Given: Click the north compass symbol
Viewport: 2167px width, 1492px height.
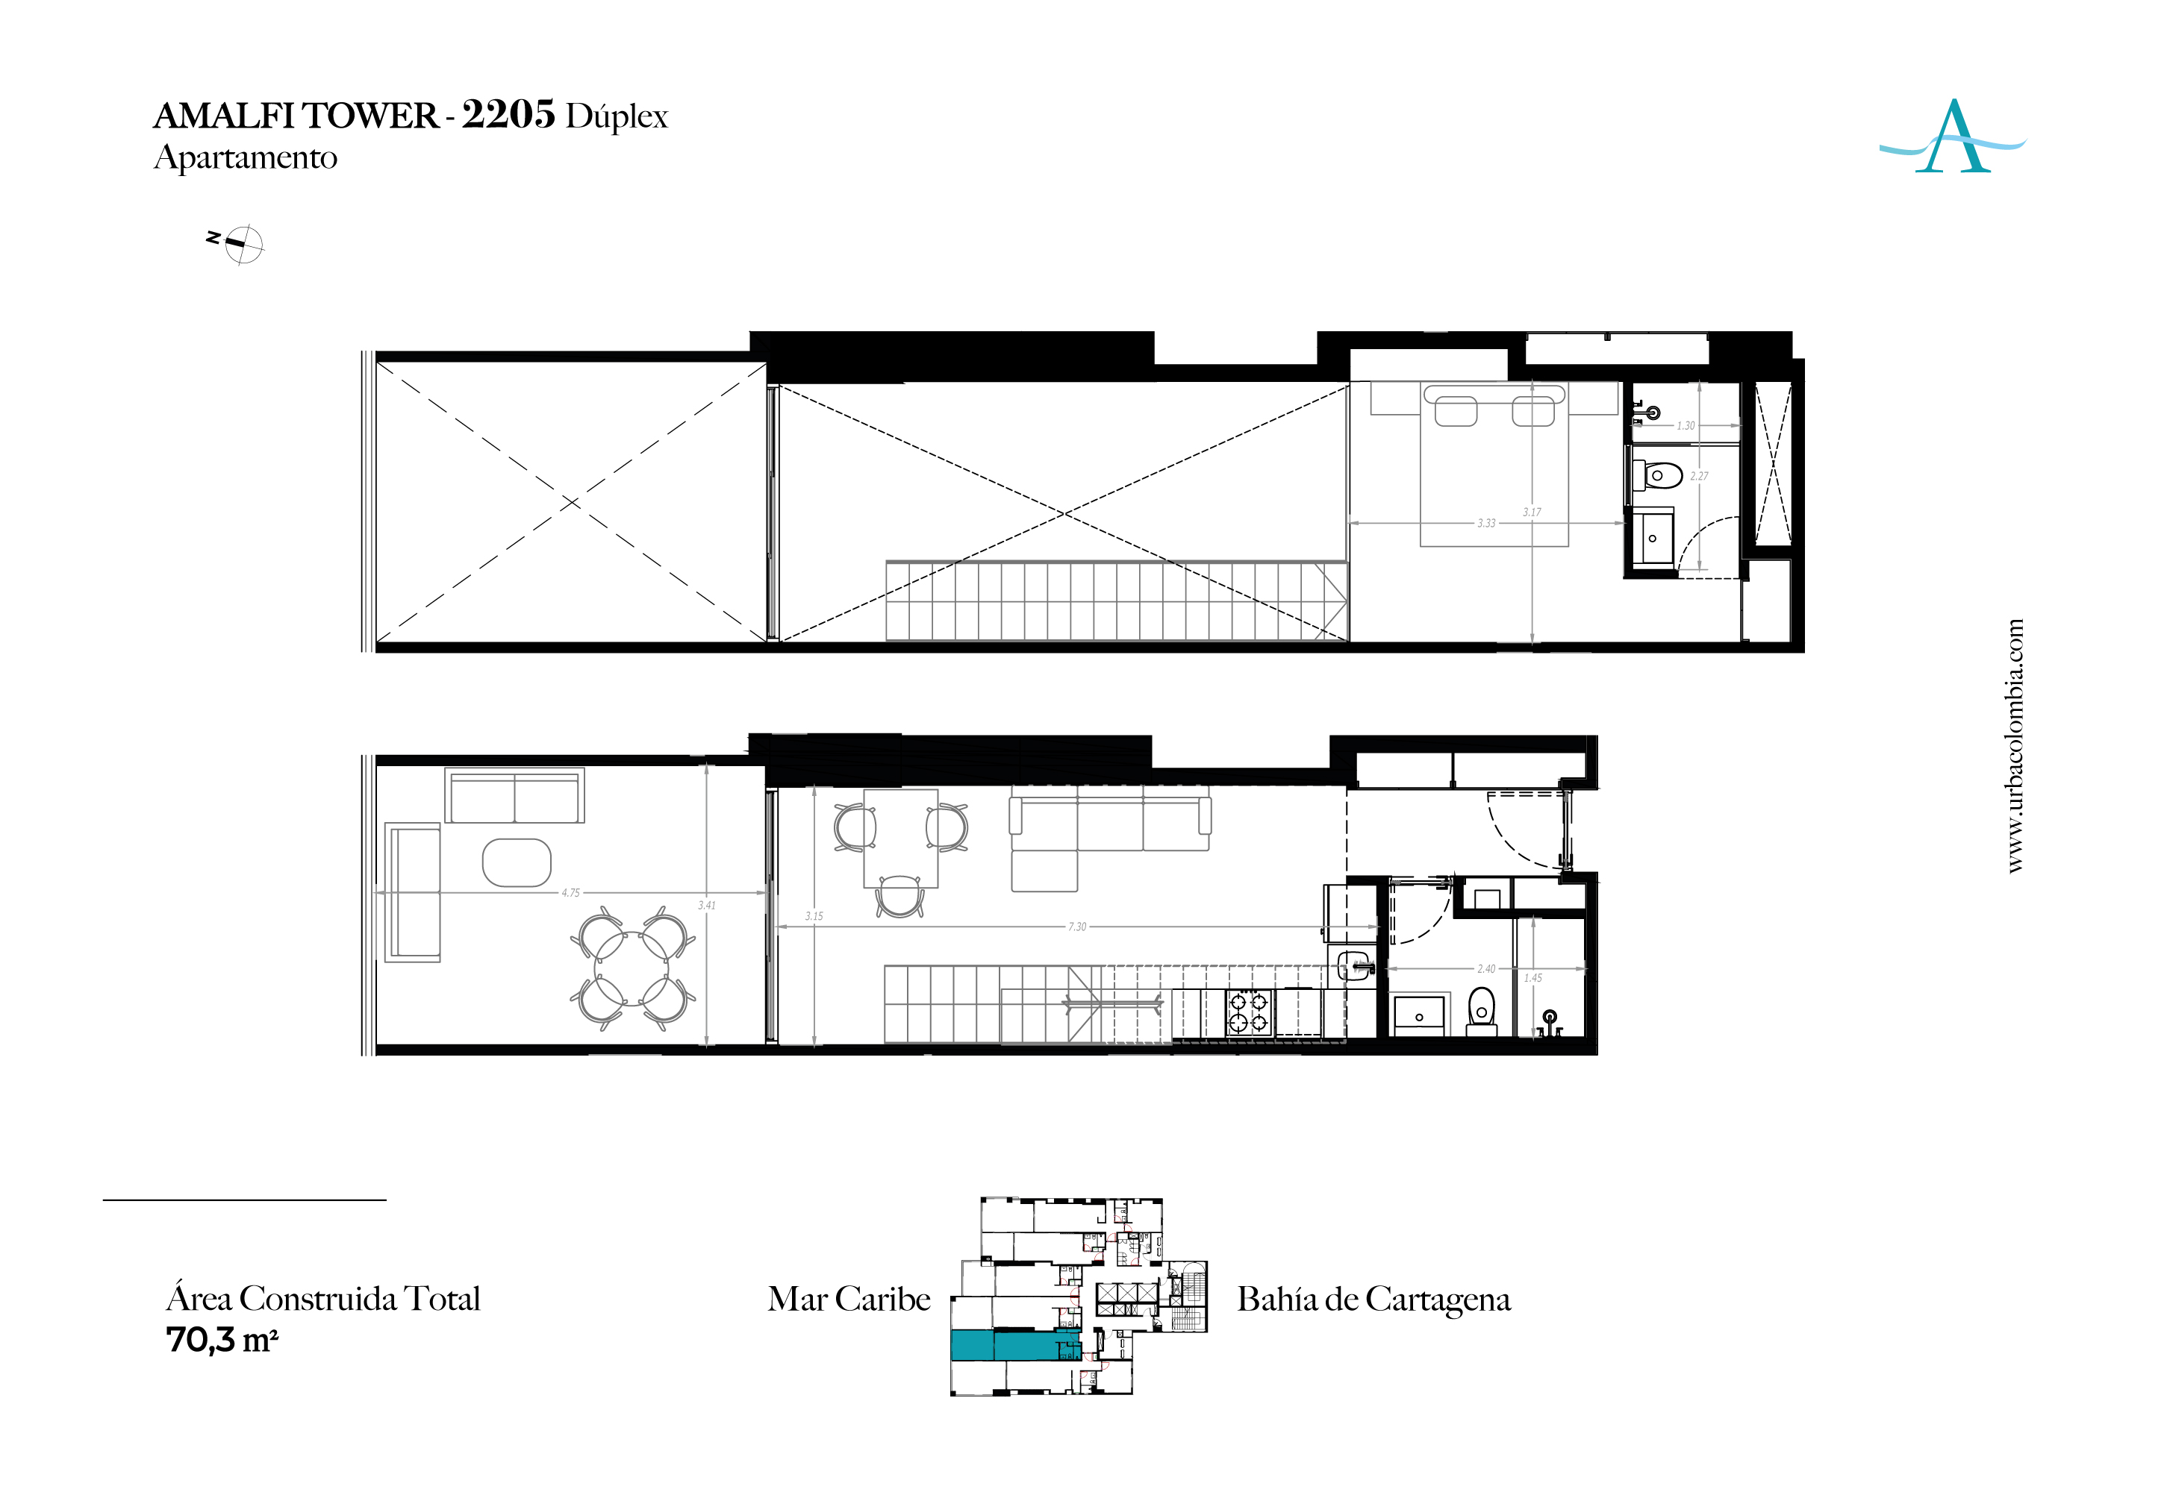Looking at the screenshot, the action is click(x=240, y=244).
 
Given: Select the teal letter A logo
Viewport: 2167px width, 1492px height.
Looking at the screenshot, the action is click(x=1952, y=137).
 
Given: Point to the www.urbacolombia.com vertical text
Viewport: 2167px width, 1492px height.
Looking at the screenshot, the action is click(x=2015, y=746).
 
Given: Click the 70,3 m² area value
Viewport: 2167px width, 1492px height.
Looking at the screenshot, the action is click(x=222, y=1340).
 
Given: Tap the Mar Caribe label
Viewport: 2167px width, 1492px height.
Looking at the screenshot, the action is click(x=849, y=1299).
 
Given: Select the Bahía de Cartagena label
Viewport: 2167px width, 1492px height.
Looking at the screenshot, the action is click(x=1374, y=1299).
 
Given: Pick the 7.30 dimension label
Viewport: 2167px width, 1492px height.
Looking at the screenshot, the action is click(x=1077, y=927).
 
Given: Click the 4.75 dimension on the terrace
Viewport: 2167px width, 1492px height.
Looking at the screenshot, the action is click(x=570, y=893).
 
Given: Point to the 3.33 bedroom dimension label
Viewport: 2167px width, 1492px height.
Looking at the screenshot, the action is click(x=1486, y=523).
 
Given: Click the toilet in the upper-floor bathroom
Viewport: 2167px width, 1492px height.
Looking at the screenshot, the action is click(x=1657, y=475).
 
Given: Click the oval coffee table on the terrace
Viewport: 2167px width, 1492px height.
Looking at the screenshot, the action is click(x=517, y=862).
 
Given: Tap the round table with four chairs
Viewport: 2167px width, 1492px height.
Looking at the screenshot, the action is click(x=633, y=968).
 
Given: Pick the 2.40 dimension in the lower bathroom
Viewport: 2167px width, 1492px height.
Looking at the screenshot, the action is click(x=1486, y=968).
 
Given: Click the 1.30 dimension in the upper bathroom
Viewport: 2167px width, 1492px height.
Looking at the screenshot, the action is click(x=1686, y=425).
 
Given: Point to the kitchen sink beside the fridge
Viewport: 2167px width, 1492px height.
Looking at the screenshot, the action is click(x=1353, y=964).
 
